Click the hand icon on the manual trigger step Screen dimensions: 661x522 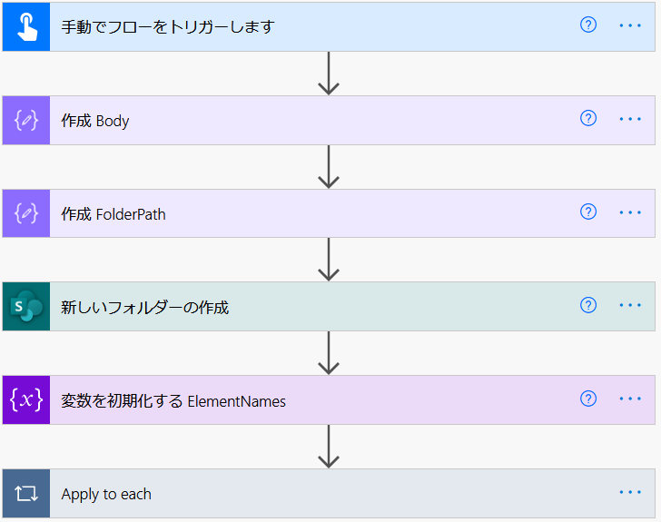coord(27,27)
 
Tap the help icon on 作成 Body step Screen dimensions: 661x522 coord(588,119)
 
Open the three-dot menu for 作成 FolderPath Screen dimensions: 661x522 coord(630,212)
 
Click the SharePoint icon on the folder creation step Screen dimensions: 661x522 coord(26,306)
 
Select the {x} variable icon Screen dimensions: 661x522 coord(26,399)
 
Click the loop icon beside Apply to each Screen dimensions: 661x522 coord(26,493)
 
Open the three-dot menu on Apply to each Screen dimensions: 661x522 coord(630,492)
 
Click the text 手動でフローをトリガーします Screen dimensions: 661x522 coord(168,27)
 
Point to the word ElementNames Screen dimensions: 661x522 coord(236,401)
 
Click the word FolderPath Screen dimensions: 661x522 coord(131,214)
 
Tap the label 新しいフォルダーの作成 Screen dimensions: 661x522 coord(144,308)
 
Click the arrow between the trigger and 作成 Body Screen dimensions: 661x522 coord(329,74)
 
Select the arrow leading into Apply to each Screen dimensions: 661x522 coord(329,447)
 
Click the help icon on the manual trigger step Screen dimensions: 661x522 coord(588,25)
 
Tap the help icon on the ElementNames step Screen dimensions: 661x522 coord(588,399)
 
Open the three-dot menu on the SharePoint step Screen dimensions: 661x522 coord(630,305)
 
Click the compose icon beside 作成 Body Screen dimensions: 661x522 coord(26,120)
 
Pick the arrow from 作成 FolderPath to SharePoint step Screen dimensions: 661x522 coord(329,260)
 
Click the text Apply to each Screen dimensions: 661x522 coord(106,494)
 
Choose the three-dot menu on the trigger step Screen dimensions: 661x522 coord(630,25)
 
